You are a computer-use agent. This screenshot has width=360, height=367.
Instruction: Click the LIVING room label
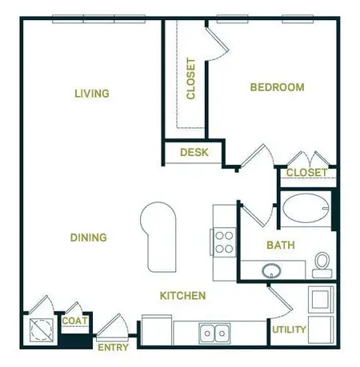point(91,94)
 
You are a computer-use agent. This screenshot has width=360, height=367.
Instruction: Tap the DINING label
point(88,237)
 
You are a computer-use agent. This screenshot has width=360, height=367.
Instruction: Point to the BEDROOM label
point(277,87)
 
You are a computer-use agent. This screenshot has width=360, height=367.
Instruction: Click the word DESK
point(193,152)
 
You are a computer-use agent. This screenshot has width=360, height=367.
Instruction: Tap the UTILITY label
point(289,329)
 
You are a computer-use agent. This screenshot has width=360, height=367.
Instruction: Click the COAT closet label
point(74,321)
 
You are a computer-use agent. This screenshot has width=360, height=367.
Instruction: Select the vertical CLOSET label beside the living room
point(190,78)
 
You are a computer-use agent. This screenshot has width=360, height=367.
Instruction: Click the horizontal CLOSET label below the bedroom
point(306,173)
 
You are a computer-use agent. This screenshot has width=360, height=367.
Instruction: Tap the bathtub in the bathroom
point(306,209)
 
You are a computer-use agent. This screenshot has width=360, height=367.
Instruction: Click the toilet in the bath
point(322,263)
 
